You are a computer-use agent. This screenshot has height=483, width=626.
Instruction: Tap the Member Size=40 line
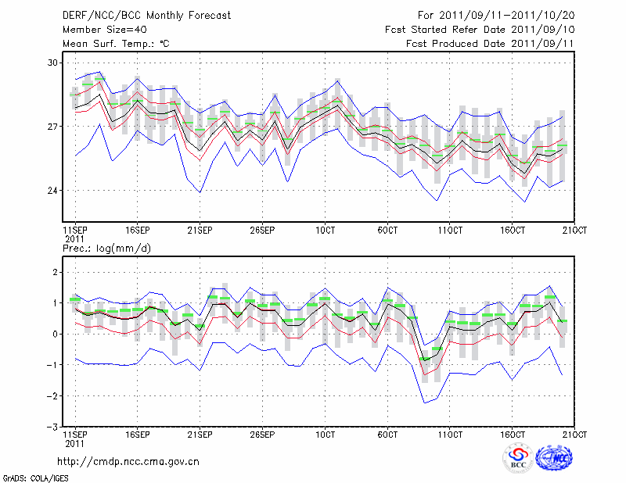(x=99, y=29)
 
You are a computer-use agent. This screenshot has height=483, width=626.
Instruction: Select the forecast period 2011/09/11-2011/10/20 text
(x=496, y=15)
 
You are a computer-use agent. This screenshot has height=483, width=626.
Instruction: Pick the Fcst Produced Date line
(x=490, y=43)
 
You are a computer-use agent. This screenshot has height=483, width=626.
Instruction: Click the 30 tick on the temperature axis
(x=52, y=62)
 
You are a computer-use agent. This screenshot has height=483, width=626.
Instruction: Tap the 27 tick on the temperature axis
(x=52, y=127)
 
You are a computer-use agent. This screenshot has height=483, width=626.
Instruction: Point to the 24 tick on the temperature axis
(x=52, y=191)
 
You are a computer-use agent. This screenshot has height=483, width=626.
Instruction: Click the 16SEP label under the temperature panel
(x=137, y=231)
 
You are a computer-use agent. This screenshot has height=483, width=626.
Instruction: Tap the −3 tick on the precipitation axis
(x=52, y=428)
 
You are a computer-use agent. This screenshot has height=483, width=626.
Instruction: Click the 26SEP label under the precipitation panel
(x=262, y=434)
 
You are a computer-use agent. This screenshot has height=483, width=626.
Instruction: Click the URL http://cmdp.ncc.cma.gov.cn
(x=128, y=461)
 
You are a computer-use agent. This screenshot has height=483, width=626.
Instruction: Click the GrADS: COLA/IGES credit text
(x=34, y=477)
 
